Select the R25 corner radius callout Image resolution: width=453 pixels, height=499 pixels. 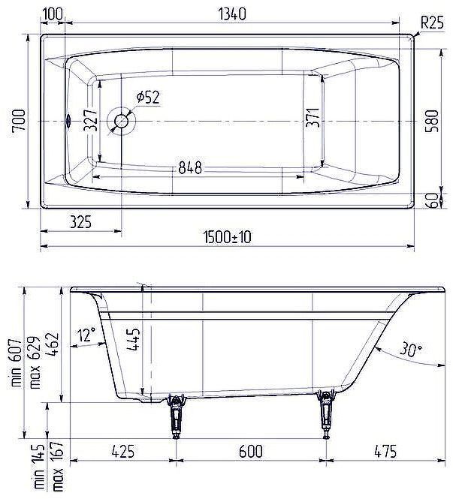431,23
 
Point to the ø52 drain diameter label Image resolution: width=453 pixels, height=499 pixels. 148,96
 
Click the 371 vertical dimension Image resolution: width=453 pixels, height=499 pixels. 314,119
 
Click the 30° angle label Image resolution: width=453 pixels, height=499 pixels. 409,349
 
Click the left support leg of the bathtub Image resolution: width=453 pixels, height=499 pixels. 177,416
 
